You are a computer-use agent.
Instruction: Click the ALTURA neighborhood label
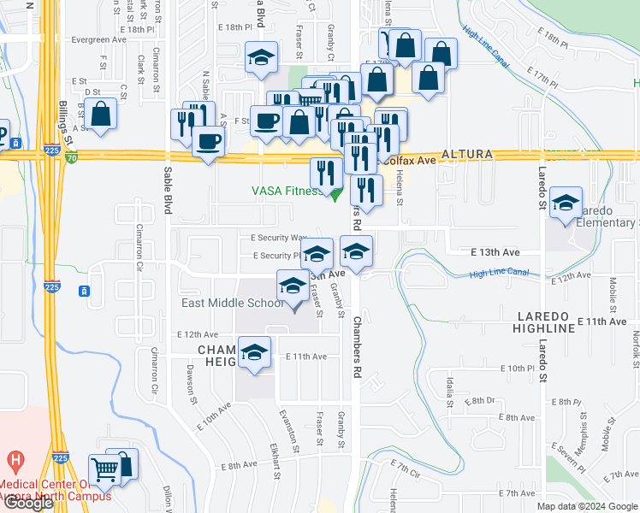coord(468,154)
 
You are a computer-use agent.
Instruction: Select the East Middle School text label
coord(232,303)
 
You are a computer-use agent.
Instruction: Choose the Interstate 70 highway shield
coord(70,158)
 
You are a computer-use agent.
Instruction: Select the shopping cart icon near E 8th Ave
coord(104,469)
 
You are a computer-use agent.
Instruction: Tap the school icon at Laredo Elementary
coord(566,203)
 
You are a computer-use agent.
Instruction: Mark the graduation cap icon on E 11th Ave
coord(254,352)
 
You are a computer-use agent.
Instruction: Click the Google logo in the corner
coord(28,503)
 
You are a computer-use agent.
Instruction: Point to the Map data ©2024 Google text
coord(586,506)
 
